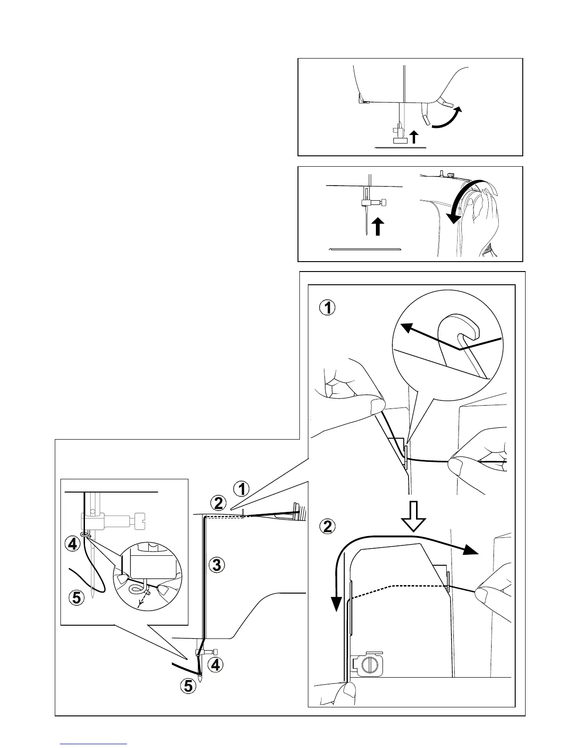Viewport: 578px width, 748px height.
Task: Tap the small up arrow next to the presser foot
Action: pyautogui.click(x=414, y=137)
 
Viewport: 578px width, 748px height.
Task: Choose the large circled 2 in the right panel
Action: pyautogui.click(x=328, y=526)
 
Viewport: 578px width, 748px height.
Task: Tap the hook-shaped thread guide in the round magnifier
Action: pyautogui.click(x=460, y=331)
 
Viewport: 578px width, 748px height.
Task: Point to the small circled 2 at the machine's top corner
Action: pyautogui.click(x=218, y=503)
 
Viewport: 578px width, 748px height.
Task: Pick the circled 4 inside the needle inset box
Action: pyautogui.click(x=72, y=544)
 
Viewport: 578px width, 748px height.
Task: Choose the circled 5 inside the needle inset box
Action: pyautogui.click(x=76, y=598)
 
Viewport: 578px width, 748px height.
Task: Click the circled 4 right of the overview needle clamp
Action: pyautogui.click(x=215, y=665)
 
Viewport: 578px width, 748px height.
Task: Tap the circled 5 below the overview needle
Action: pyautogui.click(x=188, y=686)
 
